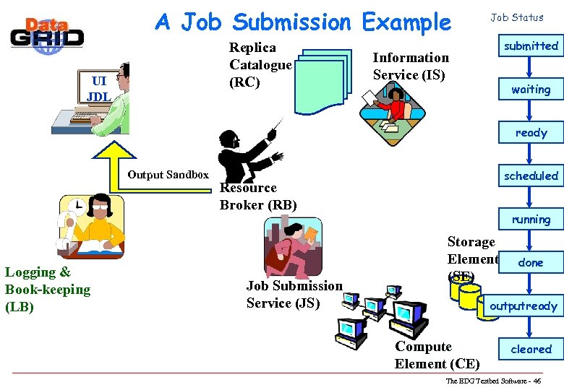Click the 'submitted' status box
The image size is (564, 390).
(x=531, y=46)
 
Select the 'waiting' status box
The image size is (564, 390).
(x=531, y=90)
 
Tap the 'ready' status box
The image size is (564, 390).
(x=531, y=133)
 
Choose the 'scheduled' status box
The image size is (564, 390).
(x=531, y=176)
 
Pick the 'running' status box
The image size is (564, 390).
(x=531, y=220)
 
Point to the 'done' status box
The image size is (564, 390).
(x=531, y=263)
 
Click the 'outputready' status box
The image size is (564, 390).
(x=524, y=306)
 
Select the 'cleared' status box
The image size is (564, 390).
(x=531, y=350)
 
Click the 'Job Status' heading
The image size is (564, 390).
(x=517, y=17)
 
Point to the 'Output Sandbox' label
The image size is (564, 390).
(x=168, y=175)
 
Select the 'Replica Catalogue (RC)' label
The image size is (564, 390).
(x=260, y=65)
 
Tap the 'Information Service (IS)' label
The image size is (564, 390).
(x=410, y=66)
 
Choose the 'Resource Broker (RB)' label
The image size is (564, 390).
(x=258, y=196)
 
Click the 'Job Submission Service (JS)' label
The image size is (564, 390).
(x=294, y=295)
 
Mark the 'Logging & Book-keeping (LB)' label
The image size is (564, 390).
(x=48, y=290)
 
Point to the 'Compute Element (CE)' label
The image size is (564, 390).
(x=436, y=355)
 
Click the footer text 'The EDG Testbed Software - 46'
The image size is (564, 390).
(x=493, y=381)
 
